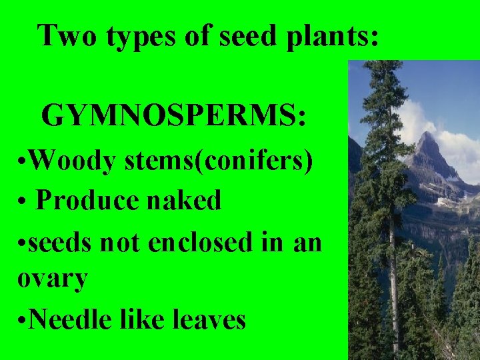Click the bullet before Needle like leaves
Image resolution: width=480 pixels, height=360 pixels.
[21, 321]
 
